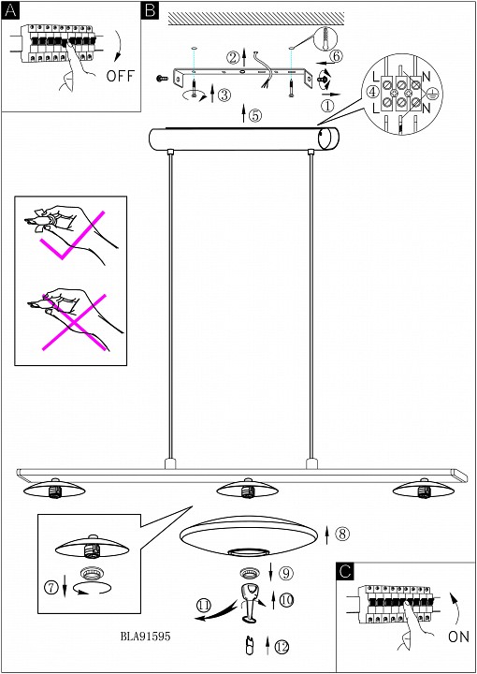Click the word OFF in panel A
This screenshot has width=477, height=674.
121,76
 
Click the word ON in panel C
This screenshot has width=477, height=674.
458,637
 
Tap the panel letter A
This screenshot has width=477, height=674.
10,10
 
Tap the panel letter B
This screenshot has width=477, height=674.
150,10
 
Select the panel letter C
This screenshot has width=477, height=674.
346,571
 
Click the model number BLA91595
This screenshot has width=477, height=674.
146,637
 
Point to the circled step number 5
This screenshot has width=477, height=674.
254,115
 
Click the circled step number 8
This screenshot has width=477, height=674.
342,534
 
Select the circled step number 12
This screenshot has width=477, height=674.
282,646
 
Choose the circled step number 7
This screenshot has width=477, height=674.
52,588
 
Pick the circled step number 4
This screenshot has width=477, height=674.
373,91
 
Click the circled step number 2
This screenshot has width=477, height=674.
233,56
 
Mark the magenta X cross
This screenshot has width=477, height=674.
74,322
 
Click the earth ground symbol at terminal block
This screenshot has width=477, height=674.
430,92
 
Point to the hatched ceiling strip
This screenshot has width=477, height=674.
256,19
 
